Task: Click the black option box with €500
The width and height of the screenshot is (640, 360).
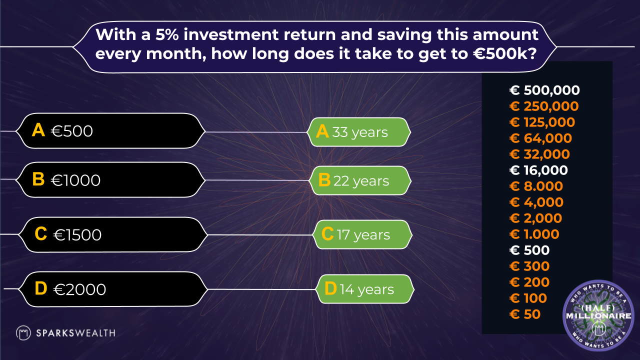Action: pyautogui.click(x=110, y=131)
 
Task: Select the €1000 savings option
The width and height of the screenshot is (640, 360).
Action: pyautogui.click(x=110, y=179)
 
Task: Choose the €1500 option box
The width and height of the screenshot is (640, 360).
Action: pyautogui.click(x=113, y=234)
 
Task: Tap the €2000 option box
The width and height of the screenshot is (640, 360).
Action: pyautogui.click(x=113, y=289)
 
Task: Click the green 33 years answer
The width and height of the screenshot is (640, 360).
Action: pyautogui.click(x=359, y=132)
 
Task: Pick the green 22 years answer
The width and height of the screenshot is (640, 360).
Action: pyautogui.click(x=360, y=180)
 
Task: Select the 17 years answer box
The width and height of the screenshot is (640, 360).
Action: pyautogui.click(x=362, y=234)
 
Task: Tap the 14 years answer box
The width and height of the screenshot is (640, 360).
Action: pyautogui.click(x=365, y=289)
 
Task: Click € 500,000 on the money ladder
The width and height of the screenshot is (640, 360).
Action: pyautogui.click(x=544, y=90)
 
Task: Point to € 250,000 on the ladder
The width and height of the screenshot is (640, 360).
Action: pyautogui.click(x=544, y=106)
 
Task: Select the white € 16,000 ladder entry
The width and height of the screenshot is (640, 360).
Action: pyautogui.click(x=538, y=170)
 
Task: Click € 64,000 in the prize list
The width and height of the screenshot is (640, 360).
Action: pyautogui.click(x=540, y=138)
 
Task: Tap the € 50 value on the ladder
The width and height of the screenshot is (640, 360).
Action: pyautogui.click(x=525, y=314)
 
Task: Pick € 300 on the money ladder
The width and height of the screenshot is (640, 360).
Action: pyautogui.click(x=529, y=266)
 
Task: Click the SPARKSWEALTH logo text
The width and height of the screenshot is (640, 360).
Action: pyautogui.click(x=75, y=333)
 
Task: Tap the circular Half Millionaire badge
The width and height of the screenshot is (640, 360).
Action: pyautogui.click(x=598, y=315)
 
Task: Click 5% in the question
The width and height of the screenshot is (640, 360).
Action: pyautogui.click(x=167, y=34)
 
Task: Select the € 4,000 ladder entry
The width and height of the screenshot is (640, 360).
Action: pyautogui.click(x=536, y=202)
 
